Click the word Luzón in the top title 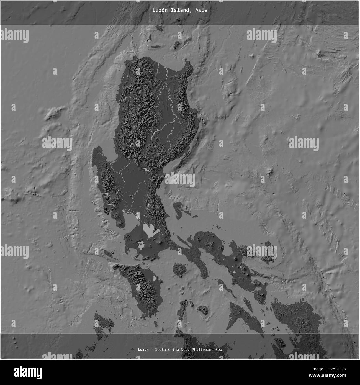coord(159,10)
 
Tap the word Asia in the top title coord(201,10)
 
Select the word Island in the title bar coord(179,10)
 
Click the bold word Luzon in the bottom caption coord(143,350)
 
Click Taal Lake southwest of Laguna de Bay coord(141,245)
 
